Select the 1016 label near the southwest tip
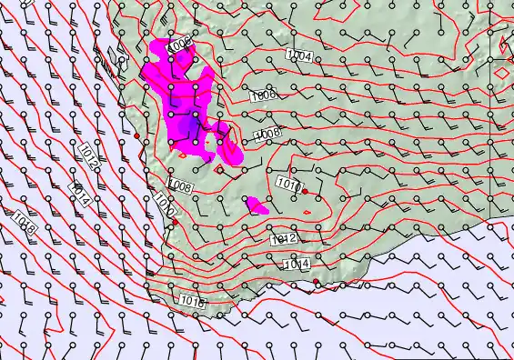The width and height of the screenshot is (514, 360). coord(192,300)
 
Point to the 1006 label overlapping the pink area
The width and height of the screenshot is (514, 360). coord(180,43)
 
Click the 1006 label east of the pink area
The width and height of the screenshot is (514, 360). coord(263,95)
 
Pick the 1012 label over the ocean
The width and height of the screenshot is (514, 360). coord(89,154)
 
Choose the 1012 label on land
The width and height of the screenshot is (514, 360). coord(283,239)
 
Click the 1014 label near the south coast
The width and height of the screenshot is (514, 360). coord(297,265)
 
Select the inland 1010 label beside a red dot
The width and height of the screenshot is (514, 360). coord(287,185)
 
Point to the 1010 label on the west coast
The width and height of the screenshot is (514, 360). coord(165,202)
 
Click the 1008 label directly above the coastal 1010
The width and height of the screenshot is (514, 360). coord(179,187)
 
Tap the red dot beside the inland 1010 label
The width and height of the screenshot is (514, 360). coord(306,191)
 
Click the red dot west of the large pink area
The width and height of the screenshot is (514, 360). coord(136,136)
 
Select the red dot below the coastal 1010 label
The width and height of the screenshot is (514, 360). coord(176,221)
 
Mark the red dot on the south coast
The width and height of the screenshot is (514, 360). coord(316,283)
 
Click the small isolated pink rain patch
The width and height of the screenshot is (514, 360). coord(256,205)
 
